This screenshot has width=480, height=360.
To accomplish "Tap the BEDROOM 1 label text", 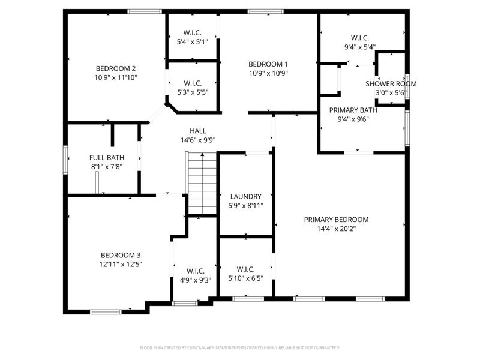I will (x=268, y=64).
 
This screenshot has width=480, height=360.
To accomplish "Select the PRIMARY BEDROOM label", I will (x=336, y=220).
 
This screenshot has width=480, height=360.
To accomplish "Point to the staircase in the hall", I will (x=202, y=183).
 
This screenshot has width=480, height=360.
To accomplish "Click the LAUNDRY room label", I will (x=246, y=196).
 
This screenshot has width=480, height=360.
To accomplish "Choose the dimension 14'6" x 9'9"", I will (x=198, y=140).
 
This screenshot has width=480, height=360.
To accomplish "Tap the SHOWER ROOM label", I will (x=391, y=83).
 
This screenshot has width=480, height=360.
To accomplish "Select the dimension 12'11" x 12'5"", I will (x=121, y=263).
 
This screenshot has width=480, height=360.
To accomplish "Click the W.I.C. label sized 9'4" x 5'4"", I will (x=360, y=37).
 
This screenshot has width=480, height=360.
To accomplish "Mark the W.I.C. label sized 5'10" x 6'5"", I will (x=246, y=269).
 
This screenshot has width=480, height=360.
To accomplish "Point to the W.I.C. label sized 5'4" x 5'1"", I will (x=192, y=32).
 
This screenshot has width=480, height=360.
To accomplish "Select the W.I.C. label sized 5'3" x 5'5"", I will (x=192, y=83).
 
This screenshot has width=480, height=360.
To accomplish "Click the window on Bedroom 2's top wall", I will (x=145, y=11).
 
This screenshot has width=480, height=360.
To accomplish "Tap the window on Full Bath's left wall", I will (x=65, y=160).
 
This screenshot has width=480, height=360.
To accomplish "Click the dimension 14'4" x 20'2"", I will (x=336, y=229).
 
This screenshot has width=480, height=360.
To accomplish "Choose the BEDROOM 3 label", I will (x=121, y=254).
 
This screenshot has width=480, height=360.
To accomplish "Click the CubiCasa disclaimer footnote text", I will (x=240, y=347).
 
